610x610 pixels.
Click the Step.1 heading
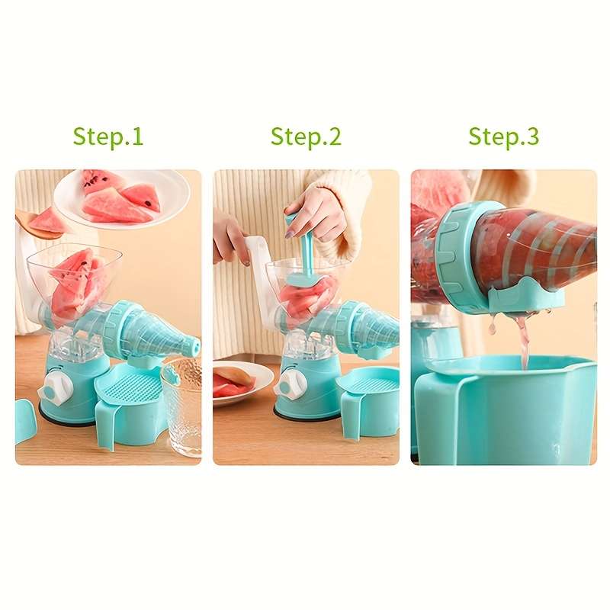108,137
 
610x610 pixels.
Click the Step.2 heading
306,137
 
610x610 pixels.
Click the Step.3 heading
504,137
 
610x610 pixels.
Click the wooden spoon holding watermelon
38,225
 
